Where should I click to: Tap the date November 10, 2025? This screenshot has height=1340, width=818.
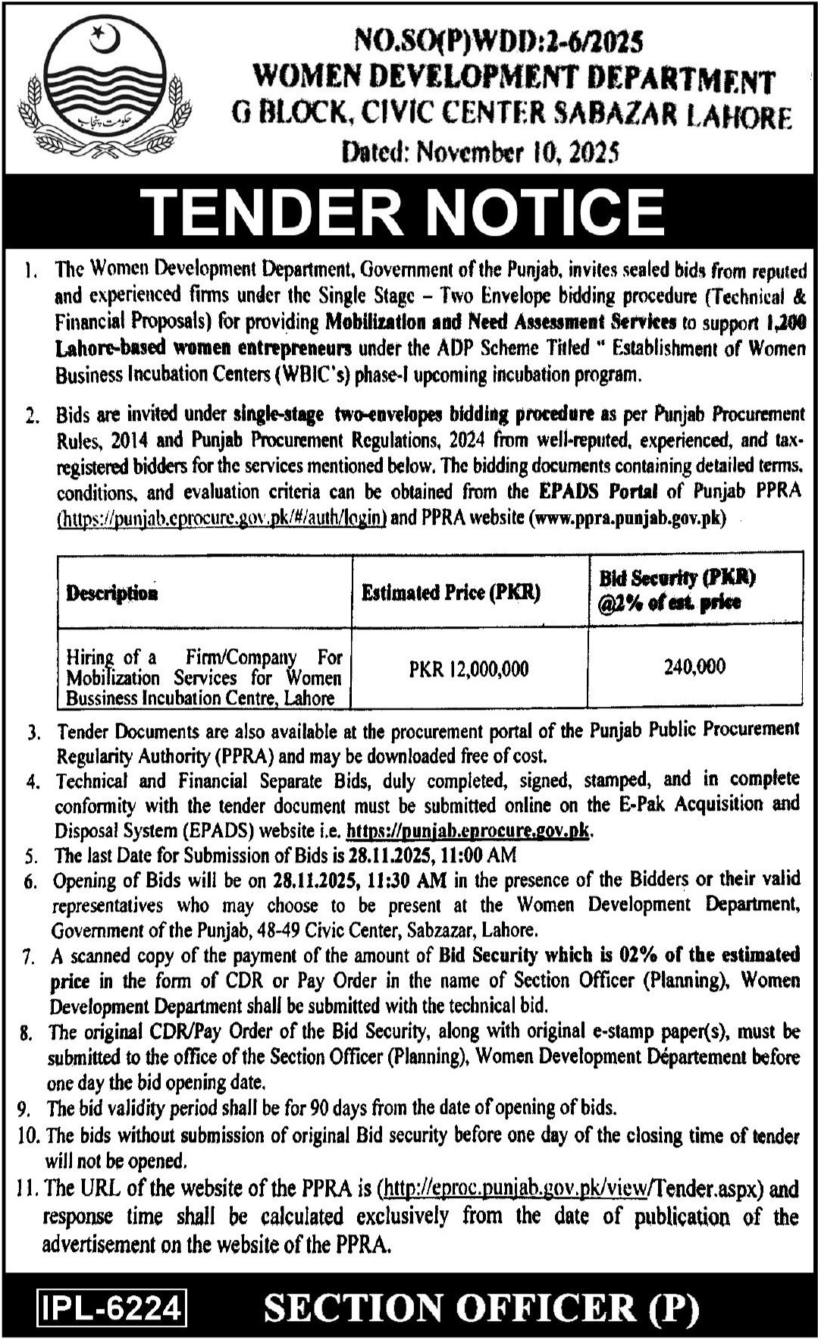coord(523,152)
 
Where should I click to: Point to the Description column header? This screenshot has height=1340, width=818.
coord(111,593)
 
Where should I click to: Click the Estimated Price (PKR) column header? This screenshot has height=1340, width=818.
coord(450,592)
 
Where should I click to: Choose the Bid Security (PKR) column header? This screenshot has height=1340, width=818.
coord(678,590)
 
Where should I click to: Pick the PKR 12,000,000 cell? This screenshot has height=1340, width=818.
coord(469,669)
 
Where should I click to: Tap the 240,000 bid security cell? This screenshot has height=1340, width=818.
coord(694,667)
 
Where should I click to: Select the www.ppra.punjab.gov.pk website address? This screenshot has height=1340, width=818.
coord(627,518)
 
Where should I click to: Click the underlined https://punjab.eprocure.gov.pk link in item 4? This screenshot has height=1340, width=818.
coord(468,830)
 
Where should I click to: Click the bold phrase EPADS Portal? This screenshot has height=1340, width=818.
coord(598,491)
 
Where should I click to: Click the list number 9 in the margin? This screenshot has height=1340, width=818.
coord(24,1109)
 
